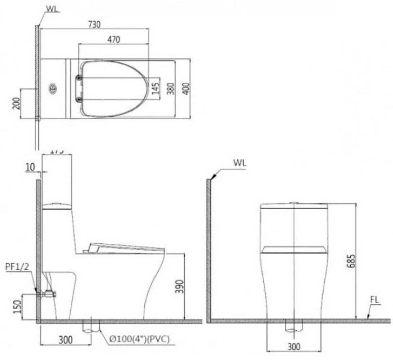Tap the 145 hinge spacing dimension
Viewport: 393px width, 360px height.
(156, 88)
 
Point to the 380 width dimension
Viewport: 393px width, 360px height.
(171, 88)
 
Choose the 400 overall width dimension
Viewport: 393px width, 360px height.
(185, 88)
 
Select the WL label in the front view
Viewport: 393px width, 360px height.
(240, 162)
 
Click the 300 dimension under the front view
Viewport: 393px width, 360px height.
(294, 346)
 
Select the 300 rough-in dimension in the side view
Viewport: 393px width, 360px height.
(65, 339)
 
